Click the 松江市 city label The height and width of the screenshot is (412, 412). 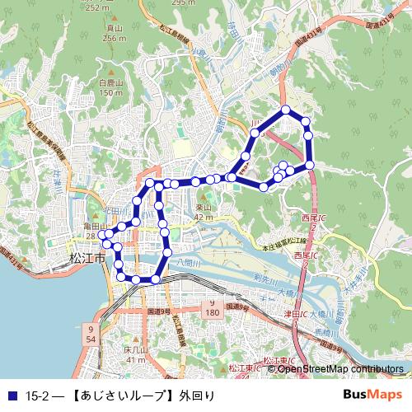click(87, 258)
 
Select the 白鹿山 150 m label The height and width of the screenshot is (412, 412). click(110, 87)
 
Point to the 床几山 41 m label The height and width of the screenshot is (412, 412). click(135, 355)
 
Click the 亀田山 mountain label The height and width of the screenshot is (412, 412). click(91, 226)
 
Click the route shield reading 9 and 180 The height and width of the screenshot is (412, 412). click(211, 309)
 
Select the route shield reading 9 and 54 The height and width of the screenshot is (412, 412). click(89, 334)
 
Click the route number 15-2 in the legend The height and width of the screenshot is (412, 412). click(37, 396)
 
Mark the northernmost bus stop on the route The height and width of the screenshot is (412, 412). click(286, 110)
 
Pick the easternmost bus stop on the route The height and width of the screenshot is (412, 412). click(311, 166)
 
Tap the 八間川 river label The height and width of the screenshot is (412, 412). click(188, 261)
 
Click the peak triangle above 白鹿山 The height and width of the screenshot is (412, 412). click(110, 73)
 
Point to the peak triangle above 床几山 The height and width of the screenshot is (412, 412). click(134, 342)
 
